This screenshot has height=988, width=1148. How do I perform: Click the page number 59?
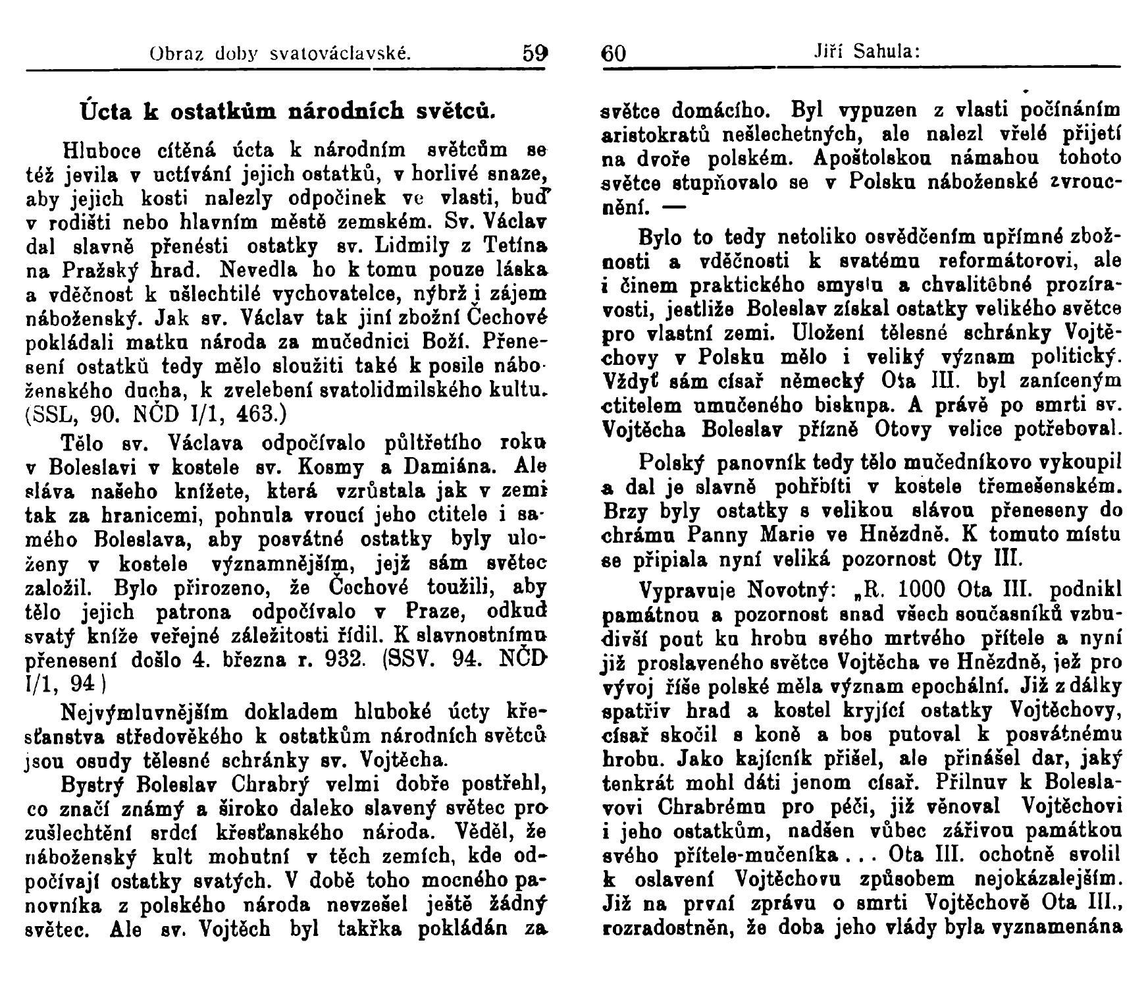535,52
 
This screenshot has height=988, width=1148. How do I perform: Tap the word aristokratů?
658,134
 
